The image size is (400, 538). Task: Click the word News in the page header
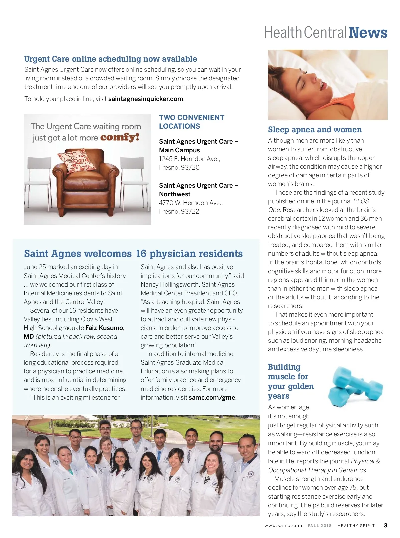368,33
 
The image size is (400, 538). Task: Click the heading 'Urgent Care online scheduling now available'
110,59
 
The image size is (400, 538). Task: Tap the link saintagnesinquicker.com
146,99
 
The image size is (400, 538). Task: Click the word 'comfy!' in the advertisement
120,137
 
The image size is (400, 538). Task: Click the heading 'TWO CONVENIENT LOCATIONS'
191,122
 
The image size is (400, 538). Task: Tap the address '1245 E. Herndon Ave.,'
189,159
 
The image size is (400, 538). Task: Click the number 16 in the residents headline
141,254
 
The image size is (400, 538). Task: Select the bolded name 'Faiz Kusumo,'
105,328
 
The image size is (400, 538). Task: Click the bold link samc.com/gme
212,397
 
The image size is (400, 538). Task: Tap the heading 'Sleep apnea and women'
315,130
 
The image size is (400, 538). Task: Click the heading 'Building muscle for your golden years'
291,381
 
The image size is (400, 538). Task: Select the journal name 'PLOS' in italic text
361,201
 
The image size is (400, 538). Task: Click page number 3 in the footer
385,525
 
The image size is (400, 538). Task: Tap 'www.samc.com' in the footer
283,526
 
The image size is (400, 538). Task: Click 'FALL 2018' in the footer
320,526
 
